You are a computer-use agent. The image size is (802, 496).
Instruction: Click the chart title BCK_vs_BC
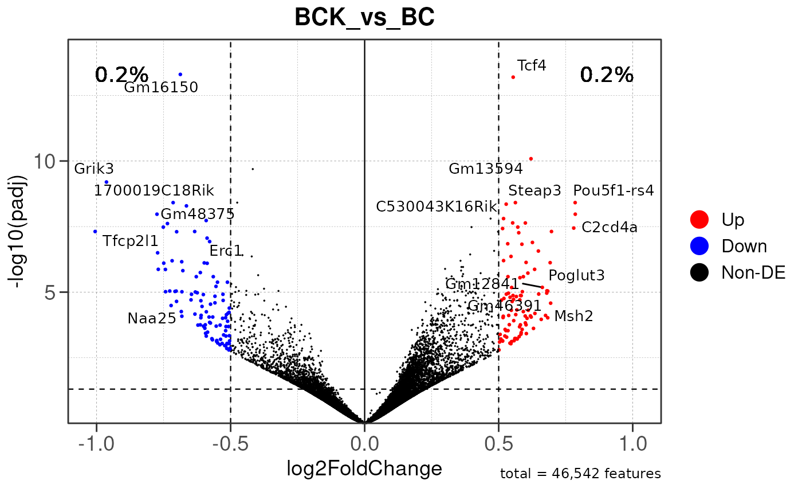364,18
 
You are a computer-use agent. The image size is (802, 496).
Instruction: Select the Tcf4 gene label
532,65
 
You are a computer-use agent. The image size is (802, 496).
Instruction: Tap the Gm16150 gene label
161,88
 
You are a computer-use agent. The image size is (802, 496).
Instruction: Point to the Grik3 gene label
94,169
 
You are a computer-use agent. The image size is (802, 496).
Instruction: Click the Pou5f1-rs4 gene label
613,190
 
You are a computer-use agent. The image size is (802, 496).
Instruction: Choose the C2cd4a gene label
609,228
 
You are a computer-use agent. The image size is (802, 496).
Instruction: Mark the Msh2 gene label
573,315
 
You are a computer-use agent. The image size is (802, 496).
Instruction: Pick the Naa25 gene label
152,318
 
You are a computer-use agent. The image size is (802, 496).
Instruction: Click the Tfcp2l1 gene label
131,241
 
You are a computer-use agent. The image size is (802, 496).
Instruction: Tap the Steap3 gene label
534,191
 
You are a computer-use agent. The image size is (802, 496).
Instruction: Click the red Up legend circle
699,219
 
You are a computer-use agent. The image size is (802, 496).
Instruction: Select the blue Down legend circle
699,246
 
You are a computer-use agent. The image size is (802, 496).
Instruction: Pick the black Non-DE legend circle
699,273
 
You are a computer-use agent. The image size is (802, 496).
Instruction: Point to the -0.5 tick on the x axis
230,444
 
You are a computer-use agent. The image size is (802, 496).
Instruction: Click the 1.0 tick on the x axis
632,444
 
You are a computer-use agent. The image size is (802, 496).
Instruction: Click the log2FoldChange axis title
364,469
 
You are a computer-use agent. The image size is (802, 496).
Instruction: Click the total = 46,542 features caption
580,474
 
